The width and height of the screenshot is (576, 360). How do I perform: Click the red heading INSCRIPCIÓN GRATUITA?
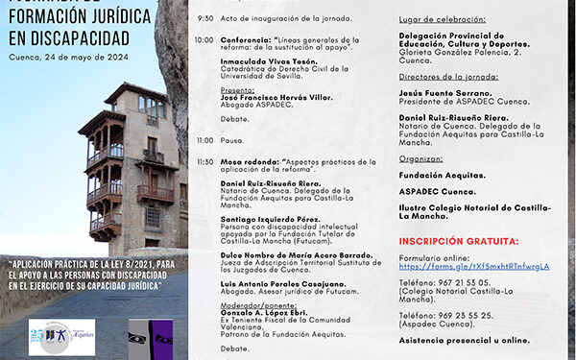pyautogui.click(x=459, y=241)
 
